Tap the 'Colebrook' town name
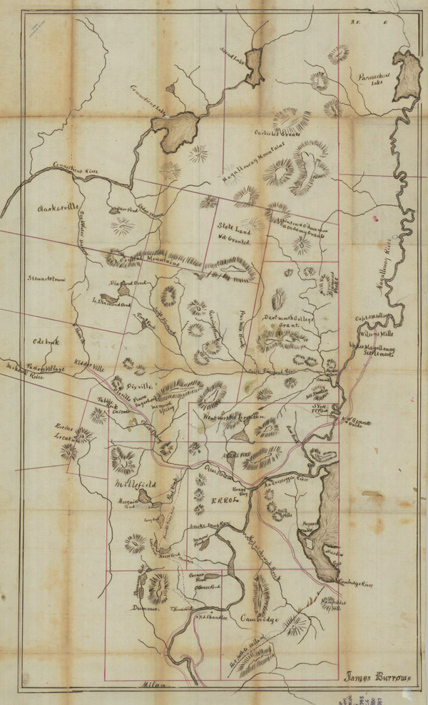tap(44, 341)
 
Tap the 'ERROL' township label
tap(225, 501)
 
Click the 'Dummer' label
tap(144, 607)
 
